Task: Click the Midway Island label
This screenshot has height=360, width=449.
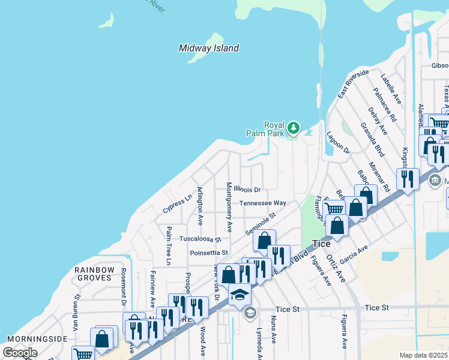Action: pos(209,48)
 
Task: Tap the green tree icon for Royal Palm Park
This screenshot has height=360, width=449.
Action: pos(294,127)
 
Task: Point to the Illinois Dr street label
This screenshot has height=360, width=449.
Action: pos(247,190)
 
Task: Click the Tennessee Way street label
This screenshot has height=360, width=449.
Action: pos(263,203)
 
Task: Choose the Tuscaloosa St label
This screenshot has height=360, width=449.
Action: pos(201,238)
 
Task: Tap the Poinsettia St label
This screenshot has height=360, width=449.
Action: pos(209,253)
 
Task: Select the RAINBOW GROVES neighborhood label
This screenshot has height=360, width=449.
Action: pos(94,274)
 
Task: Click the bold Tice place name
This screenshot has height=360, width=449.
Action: pos(322,244)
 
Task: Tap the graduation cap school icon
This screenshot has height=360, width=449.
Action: pos(240,294)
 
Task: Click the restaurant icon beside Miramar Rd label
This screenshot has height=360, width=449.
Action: pos(408,178)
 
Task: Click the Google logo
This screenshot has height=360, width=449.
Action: pos(20,352)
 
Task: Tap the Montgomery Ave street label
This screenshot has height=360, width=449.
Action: pos(229,207)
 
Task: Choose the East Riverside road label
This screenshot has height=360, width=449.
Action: pos(353,84)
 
